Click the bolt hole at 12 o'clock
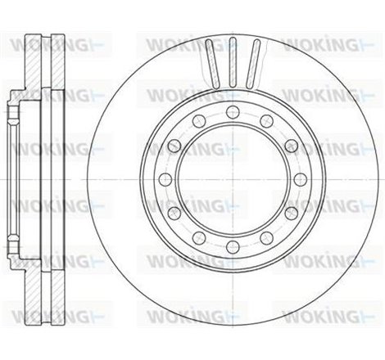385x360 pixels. coord(232,112)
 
